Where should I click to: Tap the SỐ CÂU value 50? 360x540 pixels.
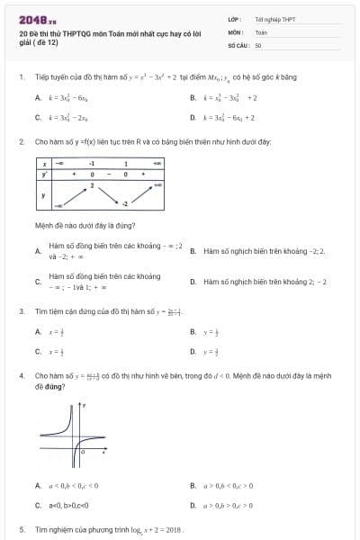(x=258, y=44)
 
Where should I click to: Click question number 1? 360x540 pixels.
(x=21, y=78)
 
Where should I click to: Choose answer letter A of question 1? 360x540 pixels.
(x=38, y=97)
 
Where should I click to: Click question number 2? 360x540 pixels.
(x=21, y=142)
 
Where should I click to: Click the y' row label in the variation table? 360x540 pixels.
(x=44, y=174)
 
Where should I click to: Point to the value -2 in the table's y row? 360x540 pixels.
(x=126, y=204)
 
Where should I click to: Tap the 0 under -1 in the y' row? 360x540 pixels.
(x=92, y=174)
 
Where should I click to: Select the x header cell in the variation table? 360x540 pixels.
(x=44, y=163)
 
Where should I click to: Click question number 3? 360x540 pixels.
(x=21, y=311)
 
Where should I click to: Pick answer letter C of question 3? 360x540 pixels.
(x=38, y=352)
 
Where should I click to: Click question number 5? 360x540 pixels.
(x=21, y=530)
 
